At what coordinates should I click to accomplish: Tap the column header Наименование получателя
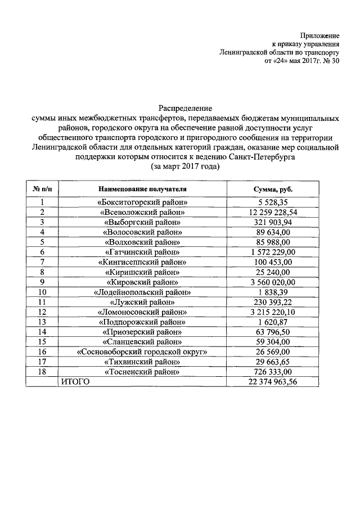click(142, 190)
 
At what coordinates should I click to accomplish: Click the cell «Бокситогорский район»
click(142, 202)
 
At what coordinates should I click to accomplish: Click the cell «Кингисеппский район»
click(142, 262)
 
